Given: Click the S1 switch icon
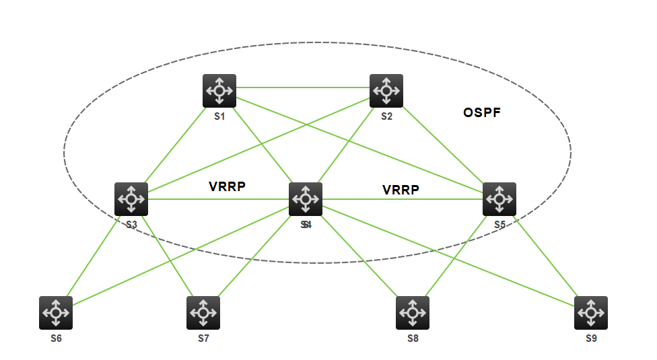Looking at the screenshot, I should (x=219, y=91).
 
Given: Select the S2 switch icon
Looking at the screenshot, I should (x=386, y=91).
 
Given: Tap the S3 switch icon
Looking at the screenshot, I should (x=131, y=199).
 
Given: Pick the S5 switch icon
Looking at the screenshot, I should (x=499, y=199).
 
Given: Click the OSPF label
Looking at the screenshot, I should (x=482, y=113).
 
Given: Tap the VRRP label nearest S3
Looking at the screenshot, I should (x=227, y=187).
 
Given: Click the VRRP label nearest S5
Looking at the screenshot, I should (x=401, y=190).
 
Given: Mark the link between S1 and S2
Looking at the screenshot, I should (x=303, y=87).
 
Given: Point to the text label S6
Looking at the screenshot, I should (x=56, y=338).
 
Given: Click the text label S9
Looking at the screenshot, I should (x=591, y=338).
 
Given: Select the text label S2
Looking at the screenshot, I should (x=386, y=116).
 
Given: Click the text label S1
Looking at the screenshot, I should (x=219, y=116).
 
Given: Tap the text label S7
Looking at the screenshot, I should (x=203, y=338).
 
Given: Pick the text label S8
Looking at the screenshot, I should (x=413, y=338).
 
